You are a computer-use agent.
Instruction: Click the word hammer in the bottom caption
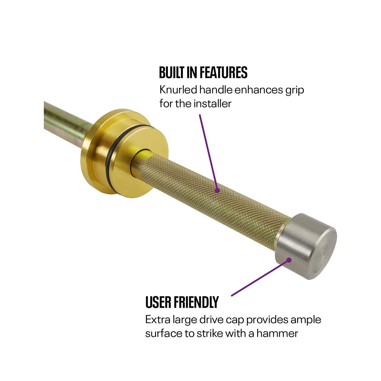277,334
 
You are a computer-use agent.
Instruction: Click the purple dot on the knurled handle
217,190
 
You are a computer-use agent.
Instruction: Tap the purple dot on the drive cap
289,260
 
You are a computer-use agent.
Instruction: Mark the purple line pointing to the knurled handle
208,152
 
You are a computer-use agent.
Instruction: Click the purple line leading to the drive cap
260,278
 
